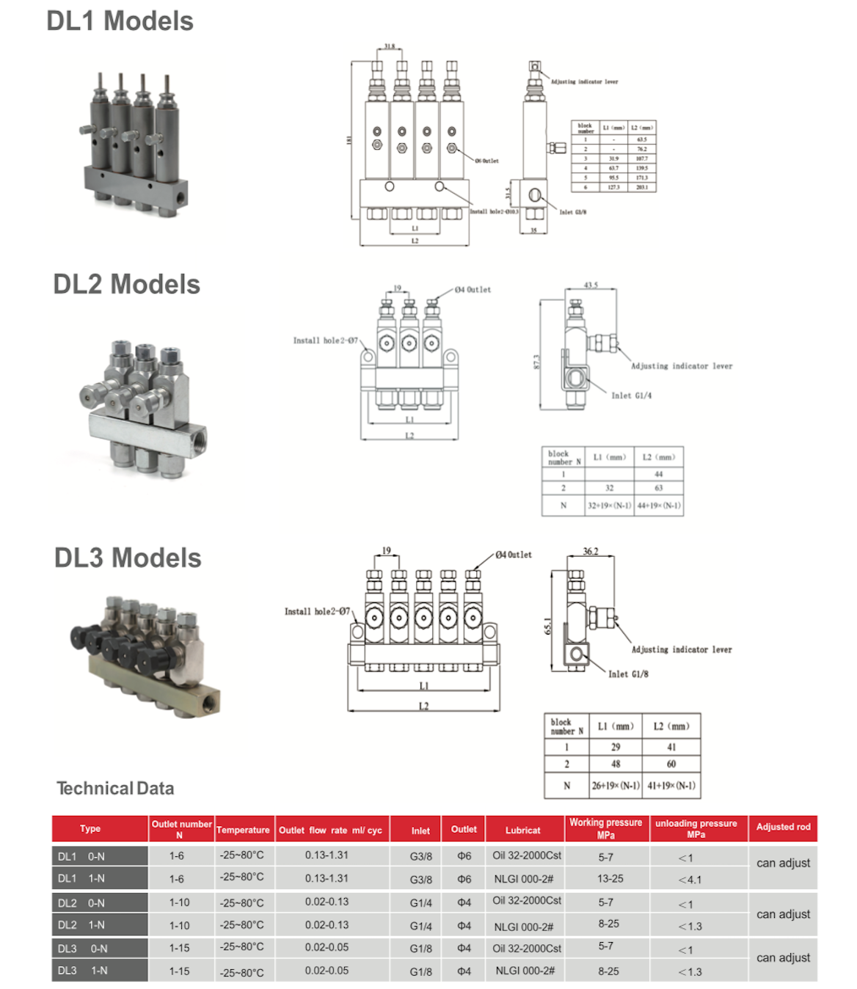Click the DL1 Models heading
click(120, 21)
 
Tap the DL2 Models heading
click(126, 285)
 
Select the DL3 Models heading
click(128, 558)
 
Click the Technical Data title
click(115, 789)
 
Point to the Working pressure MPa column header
click(605, 828)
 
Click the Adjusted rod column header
click(783, 827)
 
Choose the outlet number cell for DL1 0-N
click(177, 855)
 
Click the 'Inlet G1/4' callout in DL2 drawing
click(631, 395)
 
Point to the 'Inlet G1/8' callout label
click(628, 674)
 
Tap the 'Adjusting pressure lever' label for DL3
click(682, 649)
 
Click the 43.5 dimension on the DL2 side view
click(591, 285)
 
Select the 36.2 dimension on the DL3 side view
click(591, 551)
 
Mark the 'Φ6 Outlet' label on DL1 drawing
click(486, 161)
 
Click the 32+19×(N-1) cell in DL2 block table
click(609, 506)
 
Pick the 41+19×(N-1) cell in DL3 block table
click(671, 786)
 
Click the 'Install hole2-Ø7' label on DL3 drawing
click(317, 611)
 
